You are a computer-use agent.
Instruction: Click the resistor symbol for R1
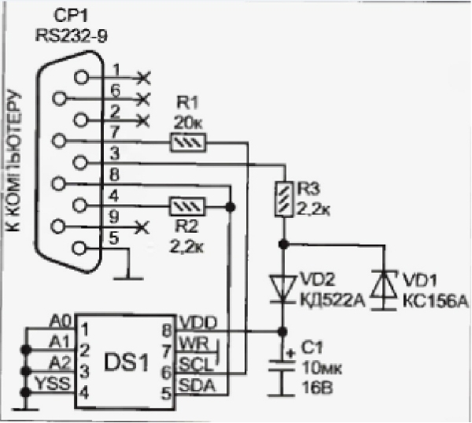pos(188,142)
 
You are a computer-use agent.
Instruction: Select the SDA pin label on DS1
pos(194,384)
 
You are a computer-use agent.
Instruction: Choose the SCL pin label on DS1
pos(193,364)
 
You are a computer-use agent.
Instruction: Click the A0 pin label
pos(60,322)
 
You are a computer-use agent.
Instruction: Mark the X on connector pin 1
pos(142,77)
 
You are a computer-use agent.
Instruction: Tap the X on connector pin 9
pos(142,227)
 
